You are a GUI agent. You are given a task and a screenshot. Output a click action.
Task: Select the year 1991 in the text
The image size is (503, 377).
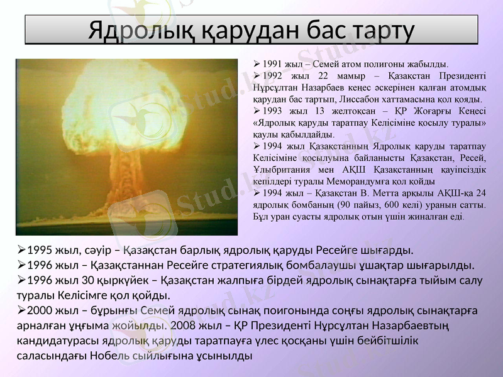pos(273,64)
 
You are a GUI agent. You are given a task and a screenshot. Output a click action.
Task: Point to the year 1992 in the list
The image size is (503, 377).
pos(273,76)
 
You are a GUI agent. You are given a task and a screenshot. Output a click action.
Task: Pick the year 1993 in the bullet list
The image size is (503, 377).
pos(273,111)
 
